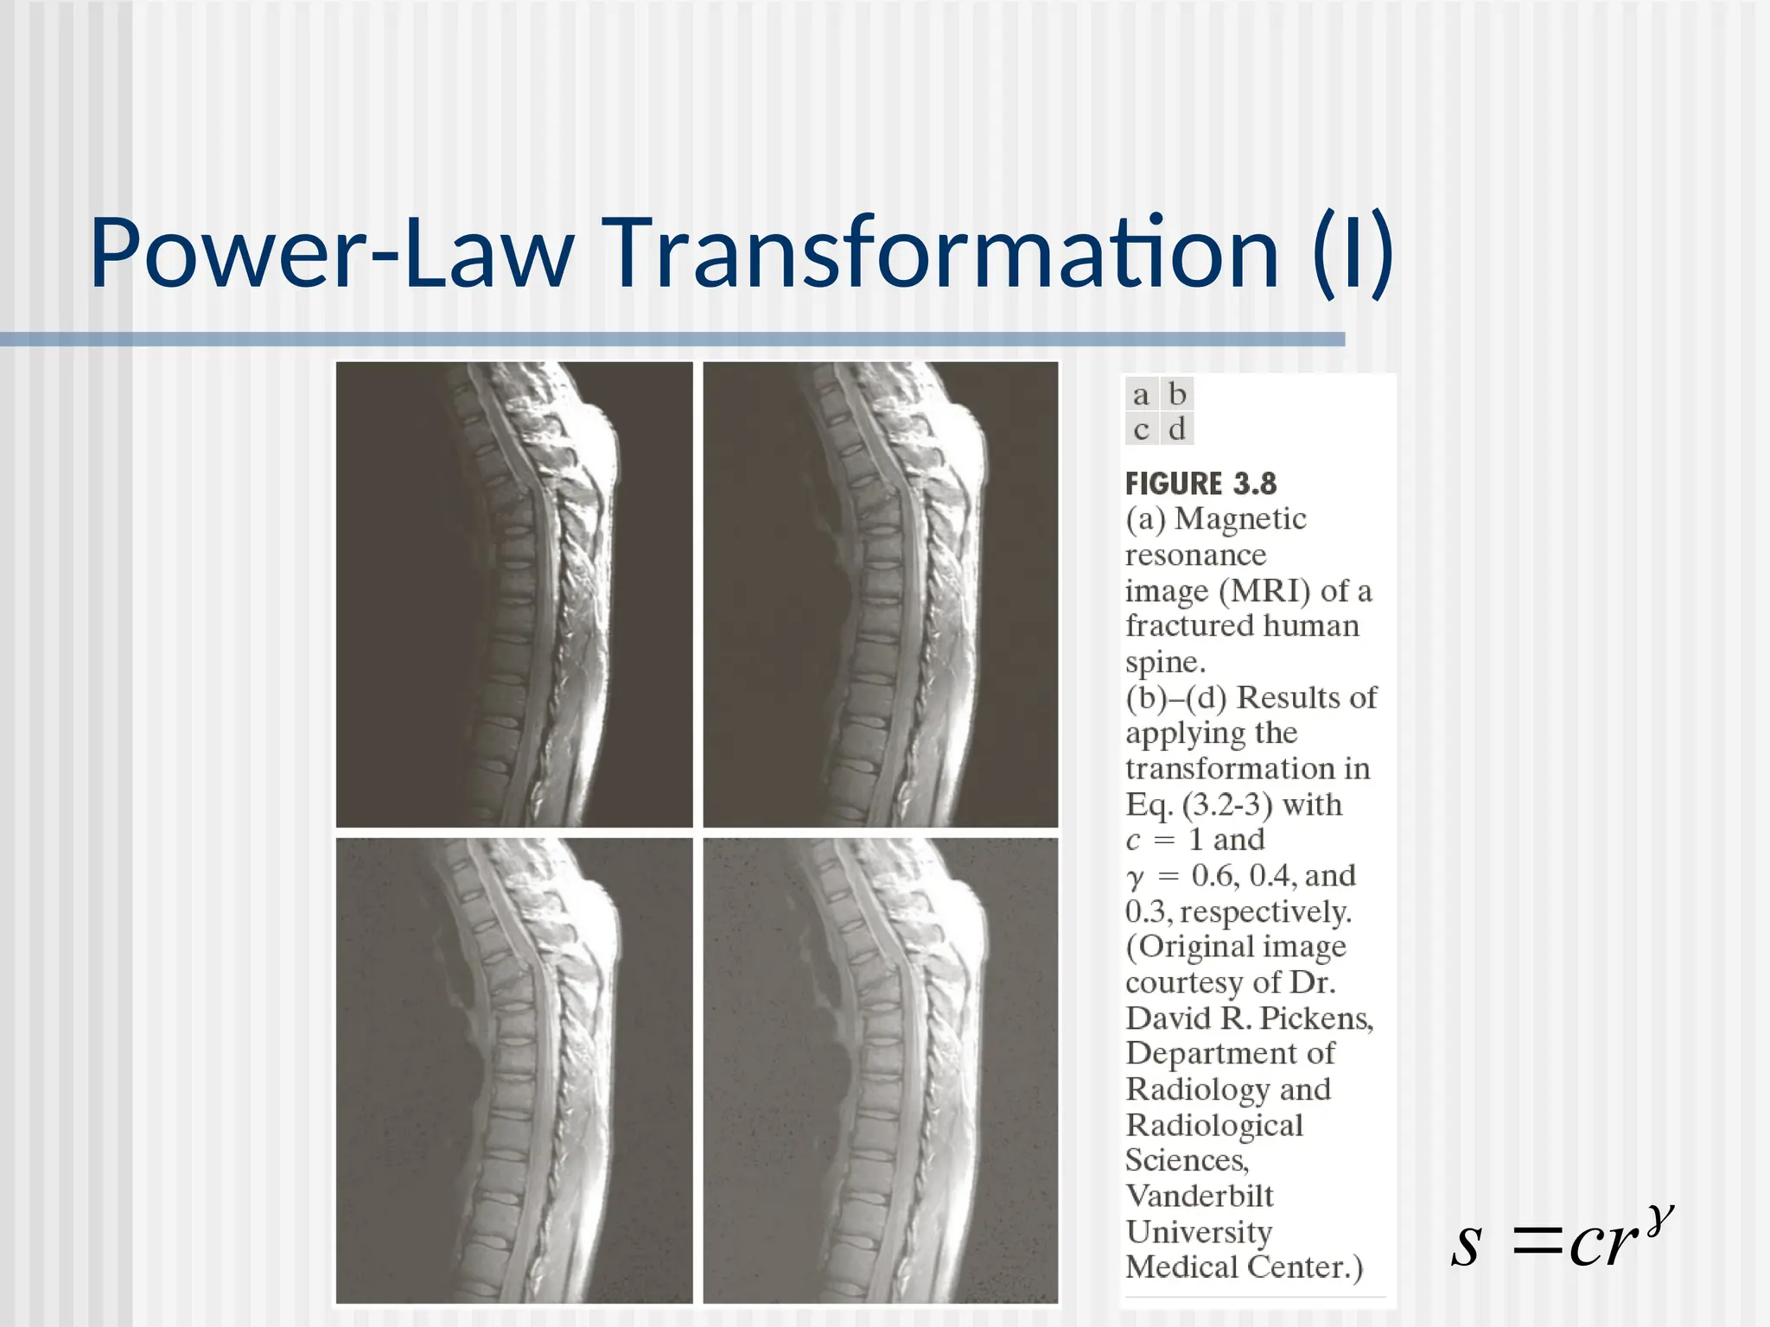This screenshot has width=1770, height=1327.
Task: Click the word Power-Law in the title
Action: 332,253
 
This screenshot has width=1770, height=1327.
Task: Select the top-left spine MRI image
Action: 514,594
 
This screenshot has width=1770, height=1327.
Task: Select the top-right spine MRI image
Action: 881,594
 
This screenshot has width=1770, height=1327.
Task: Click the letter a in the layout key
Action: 1141,395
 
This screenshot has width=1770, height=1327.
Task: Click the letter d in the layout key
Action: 1176,429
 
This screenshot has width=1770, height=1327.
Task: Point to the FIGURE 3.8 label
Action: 1200,484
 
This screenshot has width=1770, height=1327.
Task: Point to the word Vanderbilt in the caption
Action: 1200,1197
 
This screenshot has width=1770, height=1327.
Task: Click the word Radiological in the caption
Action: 1214,1126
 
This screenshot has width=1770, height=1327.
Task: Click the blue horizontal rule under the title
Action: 672,340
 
